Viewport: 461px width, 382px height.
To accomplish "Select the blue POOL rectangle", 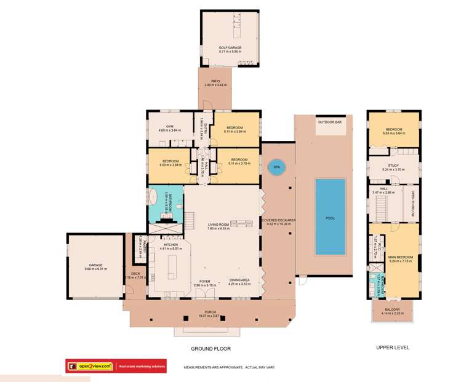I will pyautogui.click(x=330, y=217).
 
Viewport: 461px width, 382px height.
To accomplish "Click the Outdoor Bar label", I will pyautogui.click(x=329, y=122).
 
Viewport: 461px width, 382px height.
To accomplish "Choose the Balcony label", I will pyautogui.click(x=393, y=311).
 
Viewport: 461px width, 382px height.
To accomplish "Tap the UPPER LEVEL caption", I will pyautogui.click(x=393, y=348).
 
